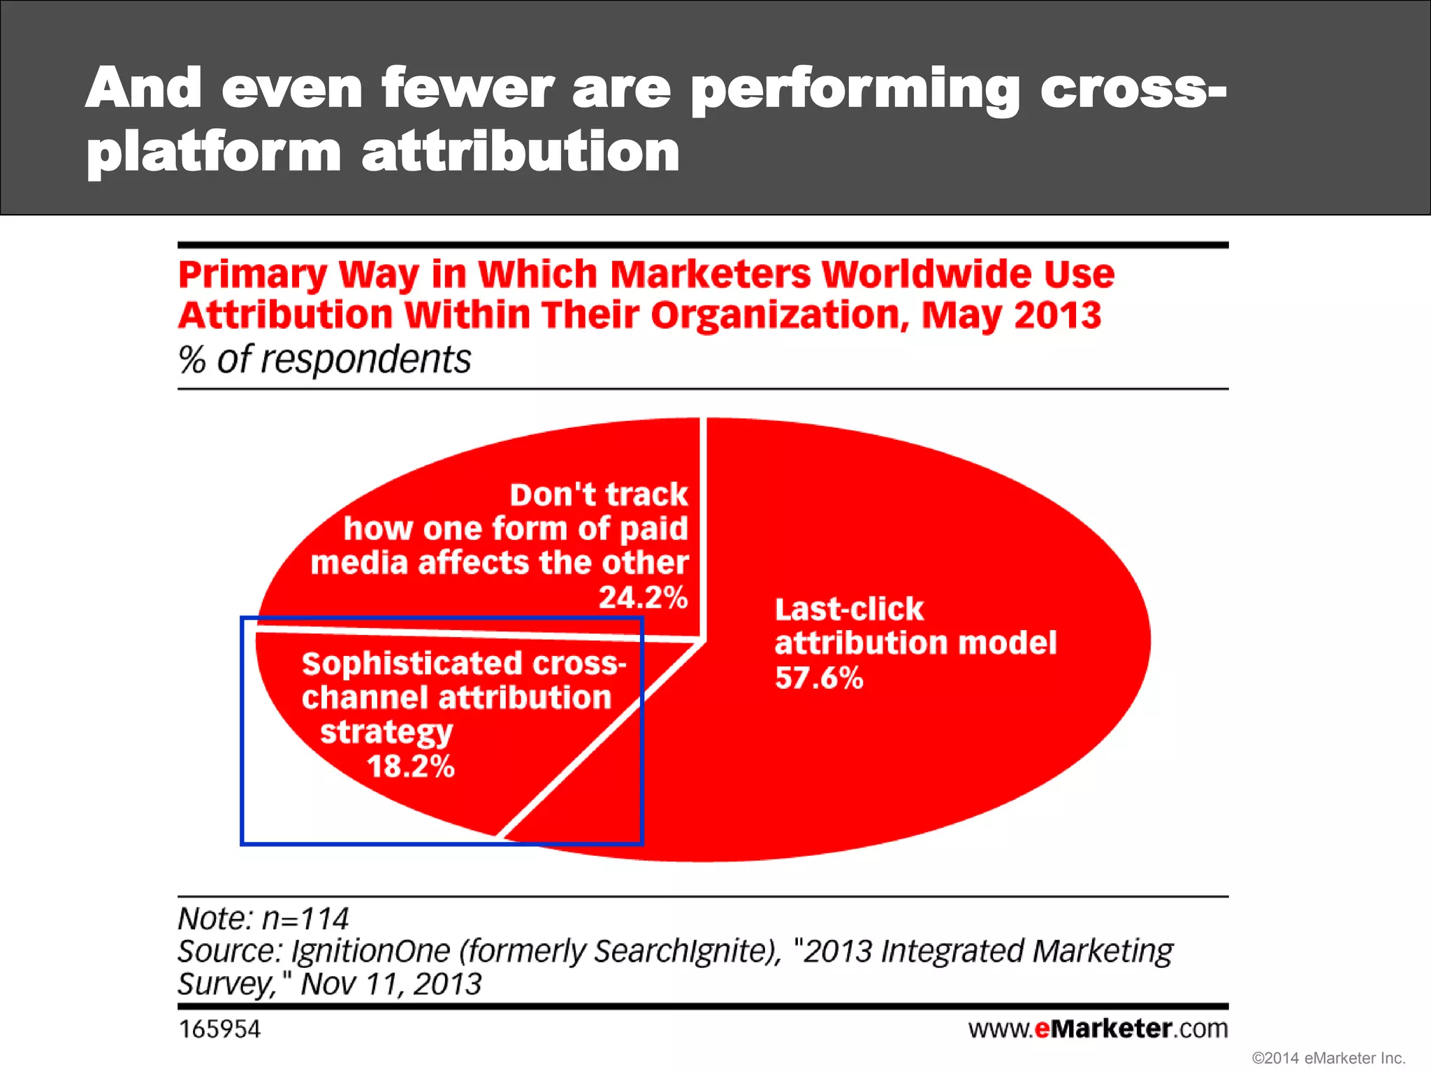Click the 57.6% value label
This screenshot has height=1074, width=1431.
pos(819,678)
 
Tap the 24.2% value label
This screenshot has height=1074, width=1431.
pos(643,597)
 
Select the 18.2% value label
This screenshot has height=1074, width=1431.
pos(411,766)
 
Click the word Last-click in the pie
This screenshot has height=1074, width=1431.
pos(849,609)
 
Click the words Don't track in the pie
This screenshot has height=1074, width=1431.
pos(599,494)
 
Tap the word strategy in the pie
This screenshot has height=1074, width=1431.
pos(386,732)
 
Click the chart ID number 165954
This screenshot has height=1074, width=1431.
pos(219,1029)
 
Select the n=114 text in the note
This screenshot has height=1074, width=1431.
pos(305,918)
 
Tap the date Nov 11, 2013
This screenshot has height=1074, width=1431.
pos(391,984)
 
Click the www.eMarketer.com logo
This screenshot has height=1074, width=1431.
pos(1098,1029)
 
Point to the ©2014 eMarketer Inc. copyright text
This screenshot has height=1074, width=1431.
pos(1328,1058)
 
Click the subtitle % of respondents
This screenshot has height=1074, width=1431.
pos(325,359)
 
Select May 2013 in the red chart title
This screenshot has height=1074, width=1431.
pos(1011,315)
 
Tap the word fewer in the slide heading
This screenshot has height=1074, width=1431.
pos(467,89)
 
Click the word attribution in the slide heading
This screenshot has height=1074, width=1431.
pos(521,152)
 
